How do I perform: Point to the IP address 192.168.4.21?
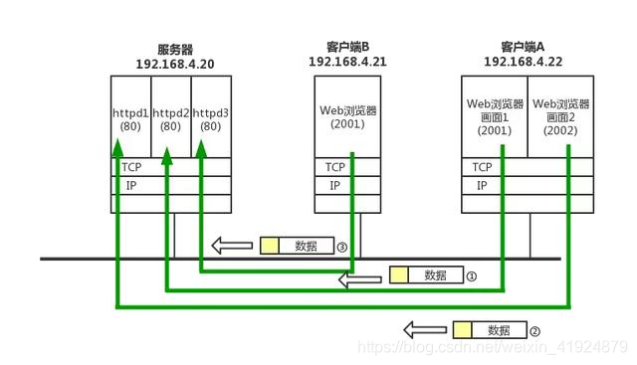coord(346,61)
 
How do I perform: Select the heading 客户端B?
coord(346,46)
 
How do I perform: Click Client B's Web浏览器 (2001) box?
coord(346,116)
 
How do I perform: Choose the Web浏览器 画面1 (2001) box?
coord(494,116)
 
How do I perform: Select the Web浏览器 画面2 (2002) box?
coord(561,116)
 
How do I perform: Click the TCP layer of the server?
coord(171,168)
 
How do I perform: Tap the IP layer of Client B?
coord(346,186)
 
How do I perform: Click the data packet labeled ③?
coord(296,245)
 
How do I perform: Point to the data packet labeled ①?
coord(425,275)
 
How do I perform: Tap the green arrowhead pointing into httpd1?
coord(117,146)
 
